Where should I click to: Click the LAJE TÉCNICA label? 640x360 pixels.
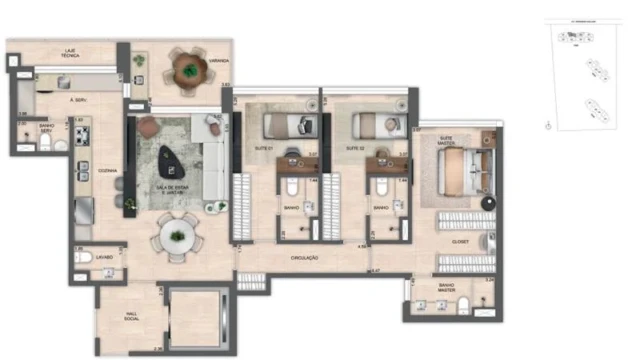pos(71,52)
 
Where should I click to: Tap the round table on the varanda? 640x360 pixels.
pos(187,68)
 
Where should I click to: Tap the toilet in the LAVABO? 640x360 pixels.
pos(83,257)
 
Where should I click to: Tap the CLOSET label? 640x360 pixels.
pos(460,241)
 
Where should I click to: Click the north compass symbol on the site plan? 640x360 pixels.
pos(548,126)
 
